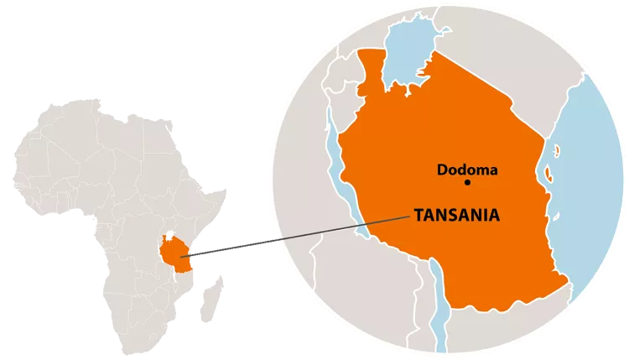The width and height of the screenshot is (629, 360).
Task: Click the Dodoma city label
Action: click(467, 170)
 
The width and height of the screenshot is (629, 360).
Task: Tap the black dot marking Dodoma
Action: click(468, 182)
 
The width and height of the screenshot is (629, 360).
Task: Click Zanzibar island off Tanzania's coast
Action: click(548, 175)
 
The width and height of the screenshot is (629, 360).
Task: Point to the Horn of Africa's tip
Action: click(226, 191)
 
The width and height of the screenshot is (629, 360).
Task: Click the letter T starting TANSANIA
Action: click(417, 216)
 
